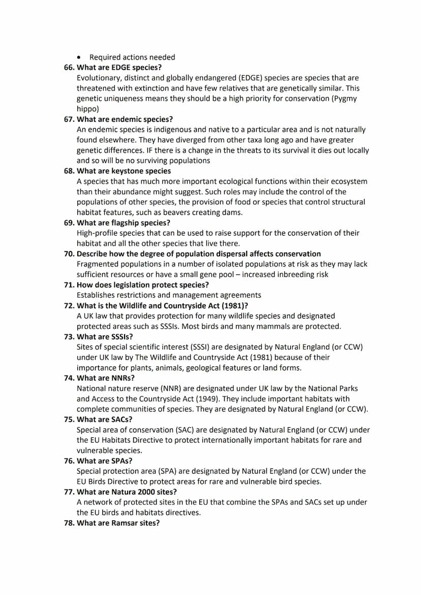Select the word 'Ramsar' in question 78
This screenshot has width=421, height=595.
tap(125, 523)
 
